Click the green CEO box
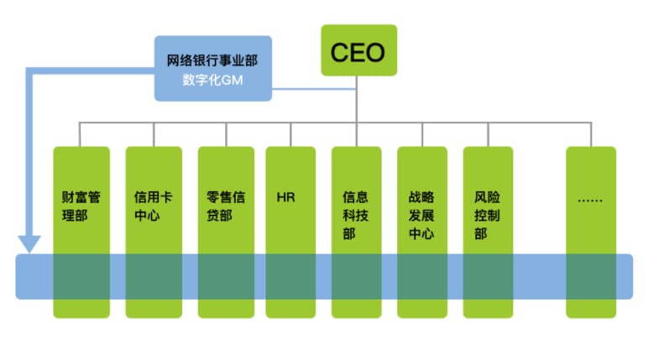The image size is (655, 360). pos(358,51)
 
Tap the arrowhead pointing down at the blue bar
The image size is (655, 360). pos(29,243)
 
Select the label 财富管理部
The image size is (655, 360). pos(81,207)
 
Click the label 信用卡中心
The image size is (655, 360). pos(154,207)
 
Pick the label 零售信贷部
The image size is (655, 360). pos(226,207)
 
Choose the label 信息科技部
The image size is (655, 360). pos(355,216)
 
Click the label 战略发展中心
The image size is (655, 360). pos(421,216)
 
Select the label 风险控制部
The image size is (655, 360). pos(487,216)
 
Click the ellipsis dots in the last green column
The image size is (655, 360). pos(590,200)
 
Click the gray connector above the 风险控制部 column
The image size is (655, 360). pos(488,134)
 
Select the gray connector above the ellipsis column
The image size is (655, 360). pos(591,134)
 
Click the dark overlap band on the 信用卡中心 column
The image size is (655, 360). pos(154,276)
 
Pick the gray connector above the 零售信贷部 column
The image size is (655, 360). pos(226,134)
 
